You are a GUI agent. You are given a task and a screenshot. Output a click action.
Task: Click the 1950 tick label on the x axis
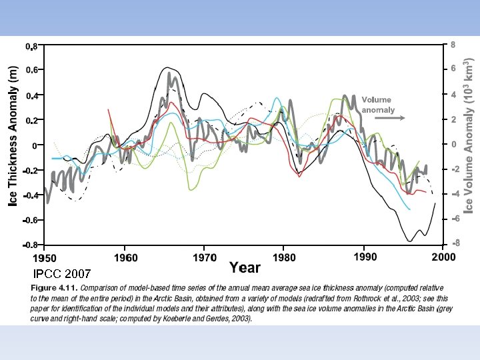click(x=46, y=257)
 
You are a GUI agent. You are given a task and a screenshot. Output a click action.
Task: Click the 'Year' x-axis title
click(x=245, y=268)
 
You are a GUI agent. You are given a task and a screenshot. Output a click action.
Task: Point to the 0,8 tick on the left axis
click(x=31, y=46)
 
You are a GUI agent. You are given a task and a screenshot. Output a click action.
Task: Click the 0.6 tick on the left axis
click(x=31, y=70)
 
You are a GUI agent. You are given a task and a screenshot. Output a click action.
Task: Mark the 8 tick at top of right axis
click(x=453, y=45)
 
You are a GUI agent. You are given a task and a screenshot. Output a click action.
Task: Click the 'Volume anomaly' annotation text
click(x=378, y=105)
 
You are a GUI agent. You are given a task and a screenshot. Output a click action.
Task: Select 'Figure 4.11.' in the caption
click(x=53, y=287)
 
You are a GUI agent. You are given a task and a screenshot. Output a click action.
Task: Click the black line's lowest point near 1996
click(x=409, y=241)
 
